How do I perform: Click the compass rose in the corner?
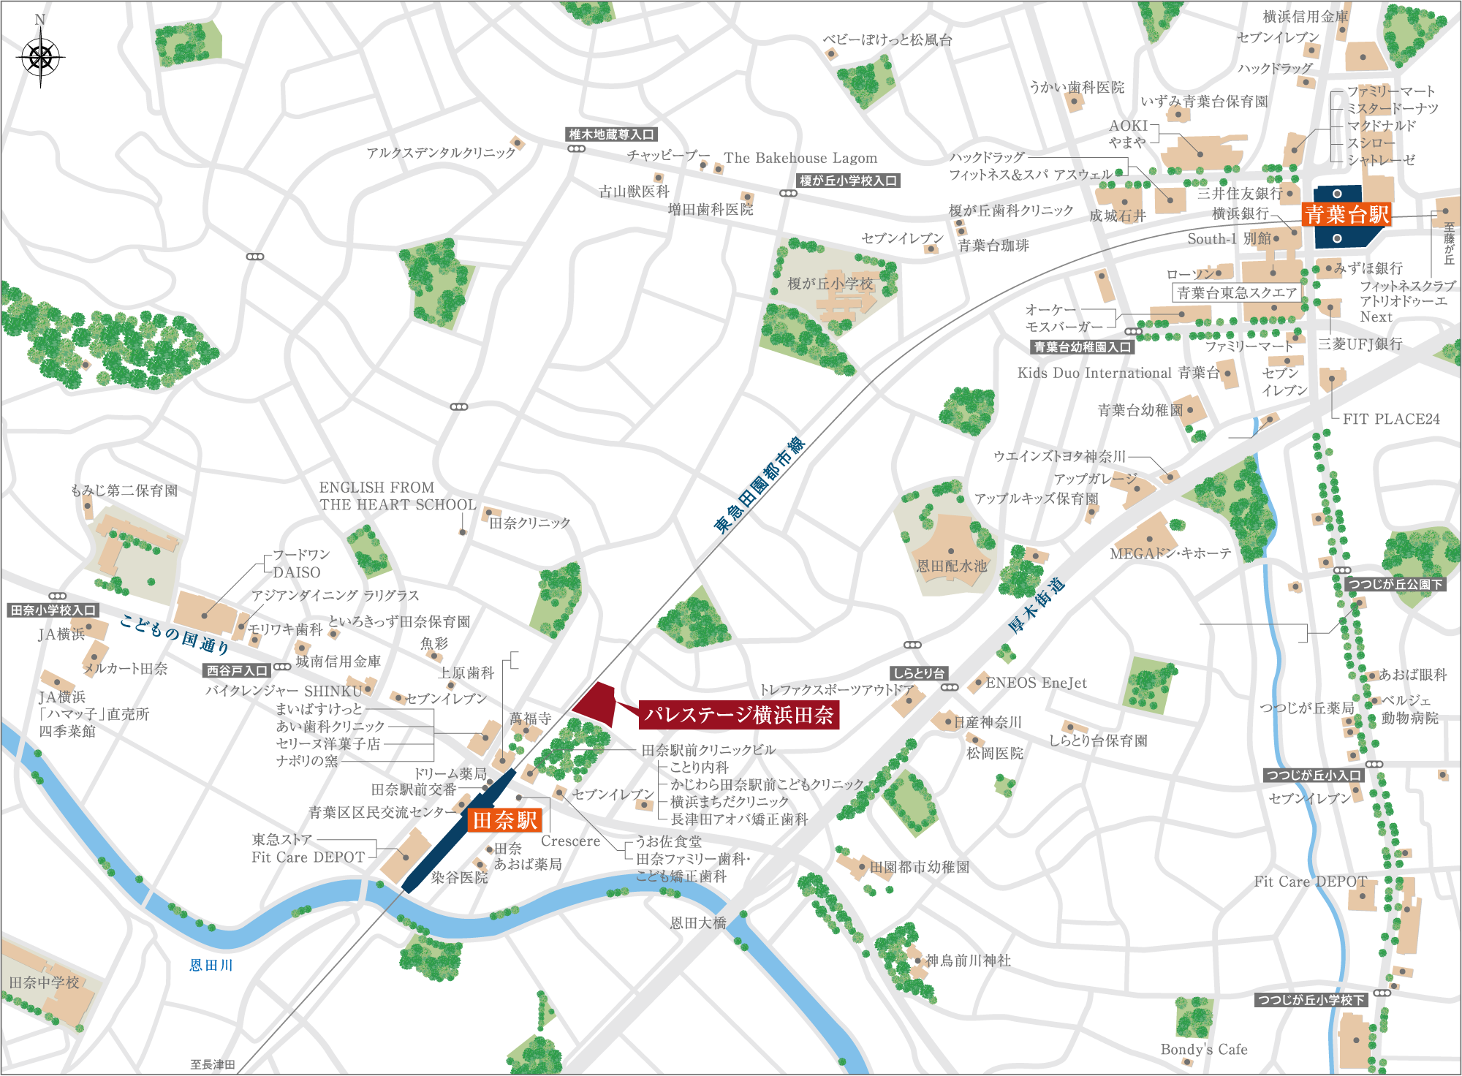click(41, 57)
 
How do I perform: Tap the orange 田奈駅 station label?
click(504, 820)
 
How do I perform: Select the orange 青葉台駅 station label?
click(1347, 214)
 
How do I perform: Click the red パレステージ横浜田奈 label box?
click(738, 715)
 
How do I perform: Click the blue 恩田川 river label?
click(211, 965)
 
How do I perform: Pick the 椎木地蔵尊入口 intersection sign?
click(611, 134)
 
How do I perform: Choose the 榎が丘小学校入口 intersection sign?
click(848, 181)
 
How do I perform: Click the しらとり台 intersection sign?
click(919, 673)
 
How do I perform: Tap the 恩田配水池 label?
click(951, 566)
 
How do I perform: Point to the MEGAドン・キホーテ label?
click(1170, 553)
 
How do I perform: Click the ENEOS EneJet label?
click(1036, 683)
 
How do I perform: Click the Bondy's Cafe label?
click(1203, 1049)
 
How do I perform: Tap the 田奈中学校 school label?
click(44, 982)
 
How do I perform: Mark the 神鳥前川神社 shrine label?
click(968, 961)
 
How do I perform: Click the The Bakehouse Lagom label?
click(800, 158)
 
